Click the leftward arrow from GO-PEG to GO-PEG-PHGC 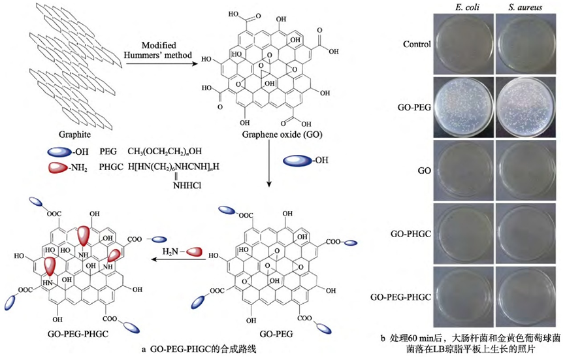[176, 259]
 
